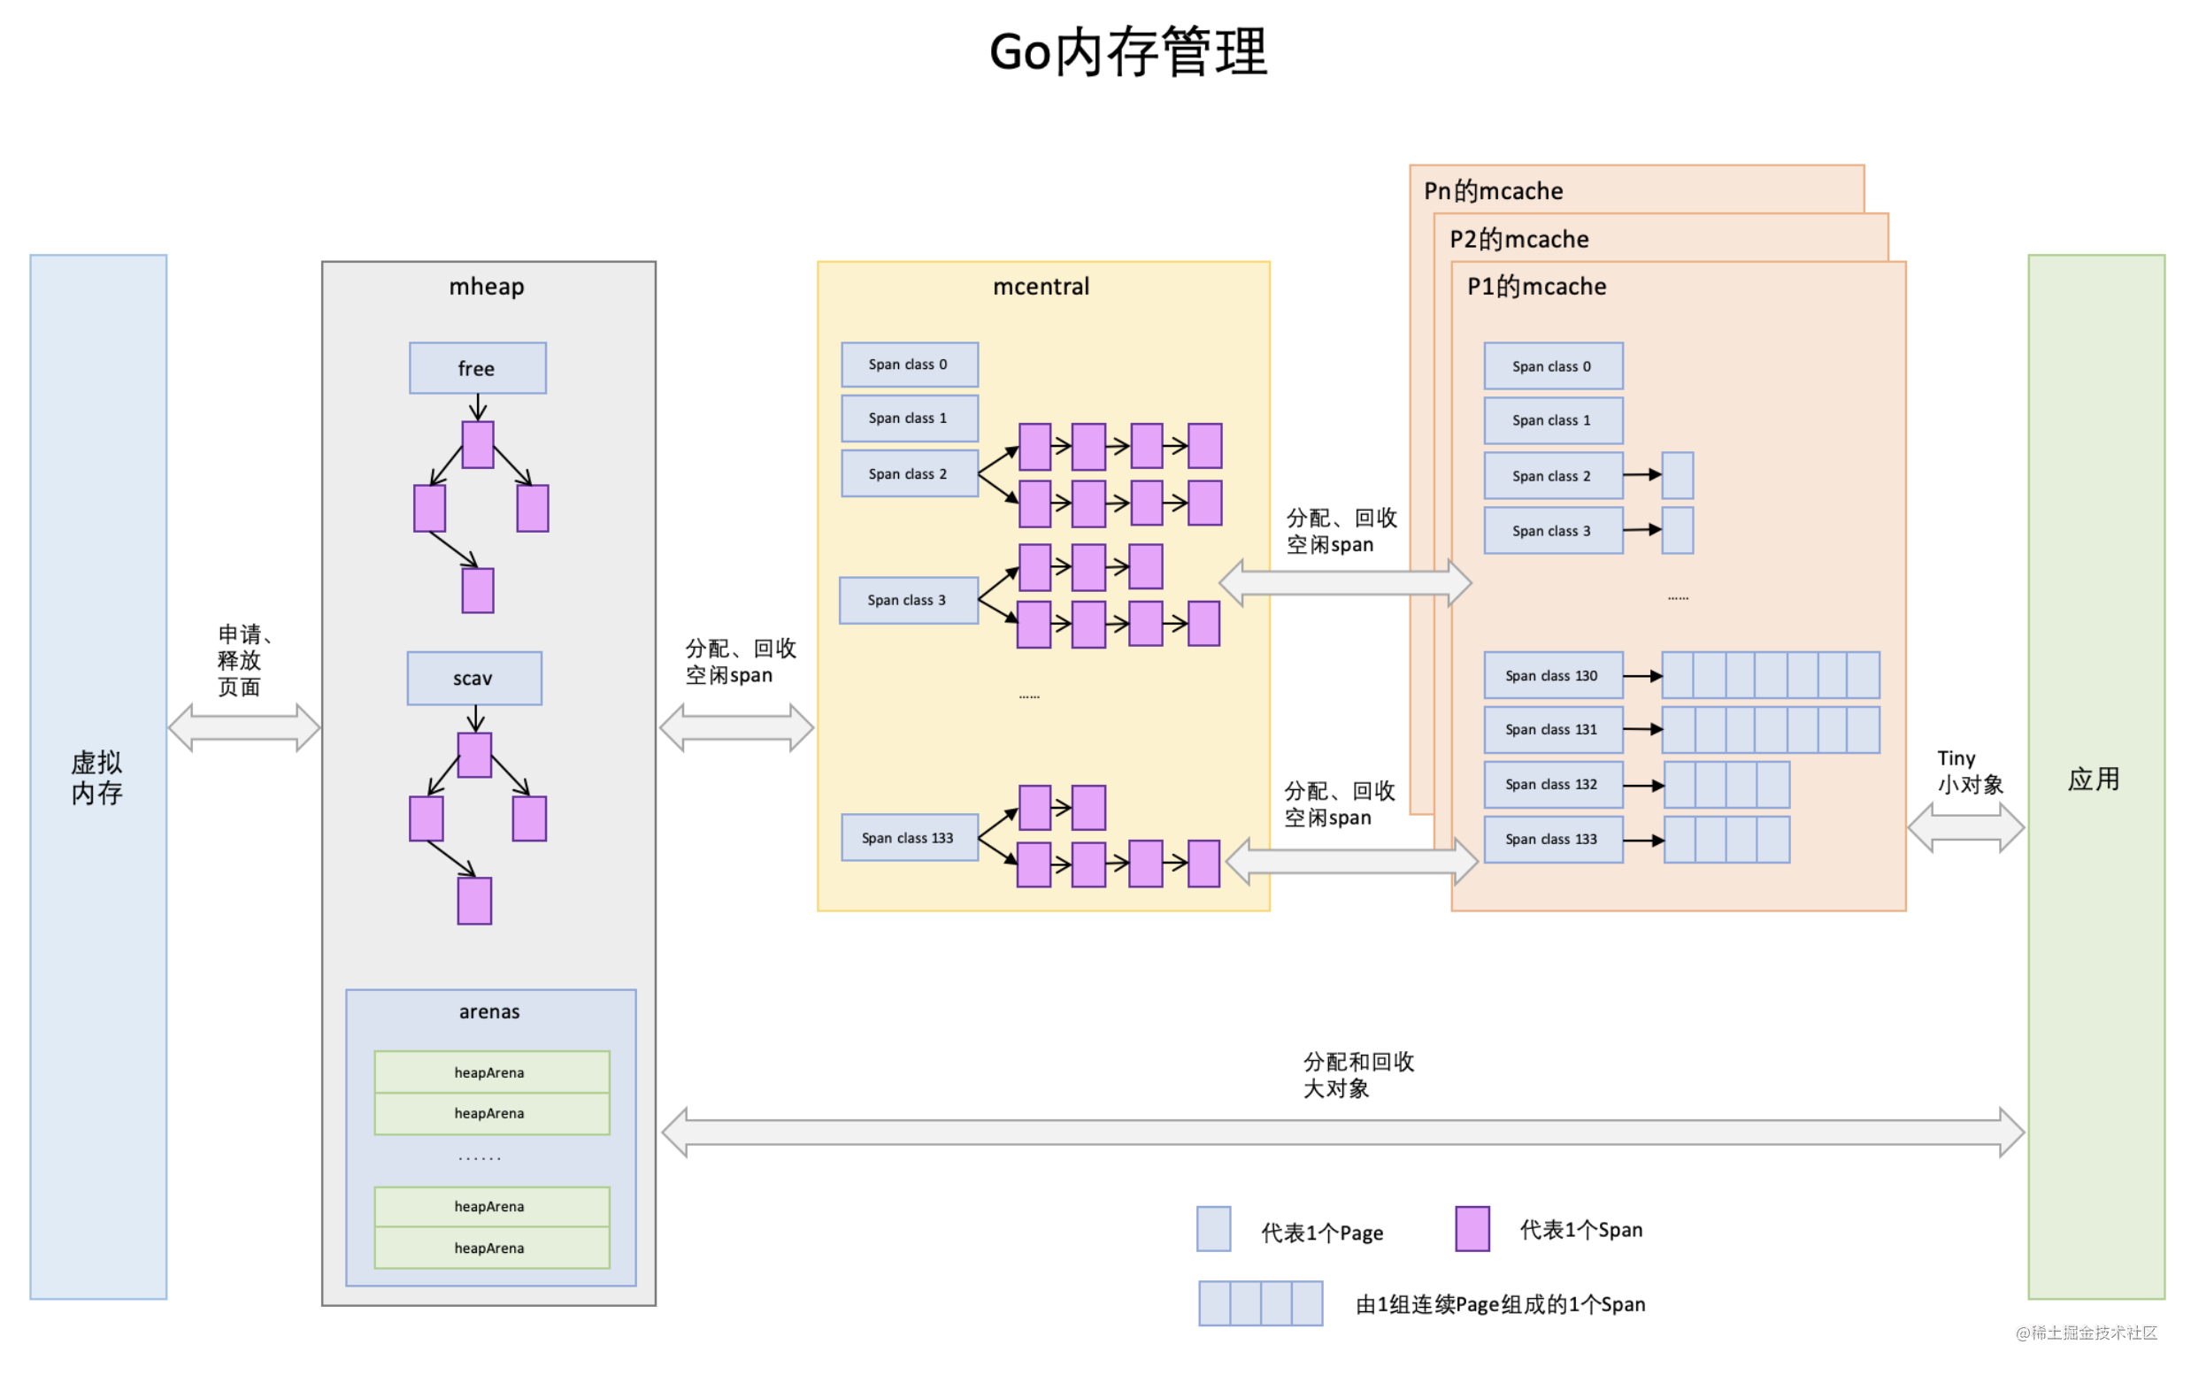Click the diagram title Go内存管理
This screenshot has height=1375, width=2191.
click(x=1127, y=53)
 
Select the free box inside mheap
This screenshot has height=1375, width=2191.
click(x=478, y=368)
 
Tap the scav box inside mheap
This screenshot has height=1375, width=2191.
click(x=473, y=679)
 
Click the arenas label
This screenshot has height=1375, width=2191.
click(x=489, y=1011)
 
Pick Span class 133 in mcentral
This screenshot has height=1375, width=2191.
click(x=909, y=838)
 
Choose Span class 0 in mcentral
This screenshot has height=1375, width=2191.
click(x=909, y=365)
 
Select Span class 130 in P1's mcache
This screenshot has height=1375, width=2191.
click(x=1552, y=676)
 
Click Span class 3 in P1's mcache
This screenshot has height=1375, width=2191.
click(x=1552, y=531)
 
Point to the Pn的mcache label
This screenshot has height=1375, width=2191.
click(x=1494, y=191)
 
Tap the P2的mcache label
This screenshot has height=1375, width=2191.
click(x=1518, y=239)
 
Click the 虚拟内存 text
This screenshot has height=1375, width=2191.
click(x=97, y=778)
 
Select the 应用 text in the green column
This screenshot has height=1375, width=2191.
click(x=2094, y=780)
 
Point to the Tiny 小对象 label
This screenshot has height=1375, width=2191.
click(x=1969, y=772)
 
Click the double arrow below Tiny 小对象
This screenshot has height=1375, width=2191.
click(x=1965, y=827)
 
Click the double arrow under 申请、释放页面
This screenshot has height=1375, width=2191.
click(x=243, y=727)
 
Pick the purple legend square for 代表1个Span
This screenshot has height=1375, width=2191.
click(x=1472, y=1229)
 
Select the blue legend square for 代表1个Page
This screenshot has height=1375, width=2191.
click(x=1213, y=1229)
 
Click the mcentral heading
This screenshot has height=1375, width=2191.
click(x=1041, y=287)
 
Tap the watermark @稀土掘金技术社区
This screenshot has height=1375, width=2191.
click(x=2087, y=1333)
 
